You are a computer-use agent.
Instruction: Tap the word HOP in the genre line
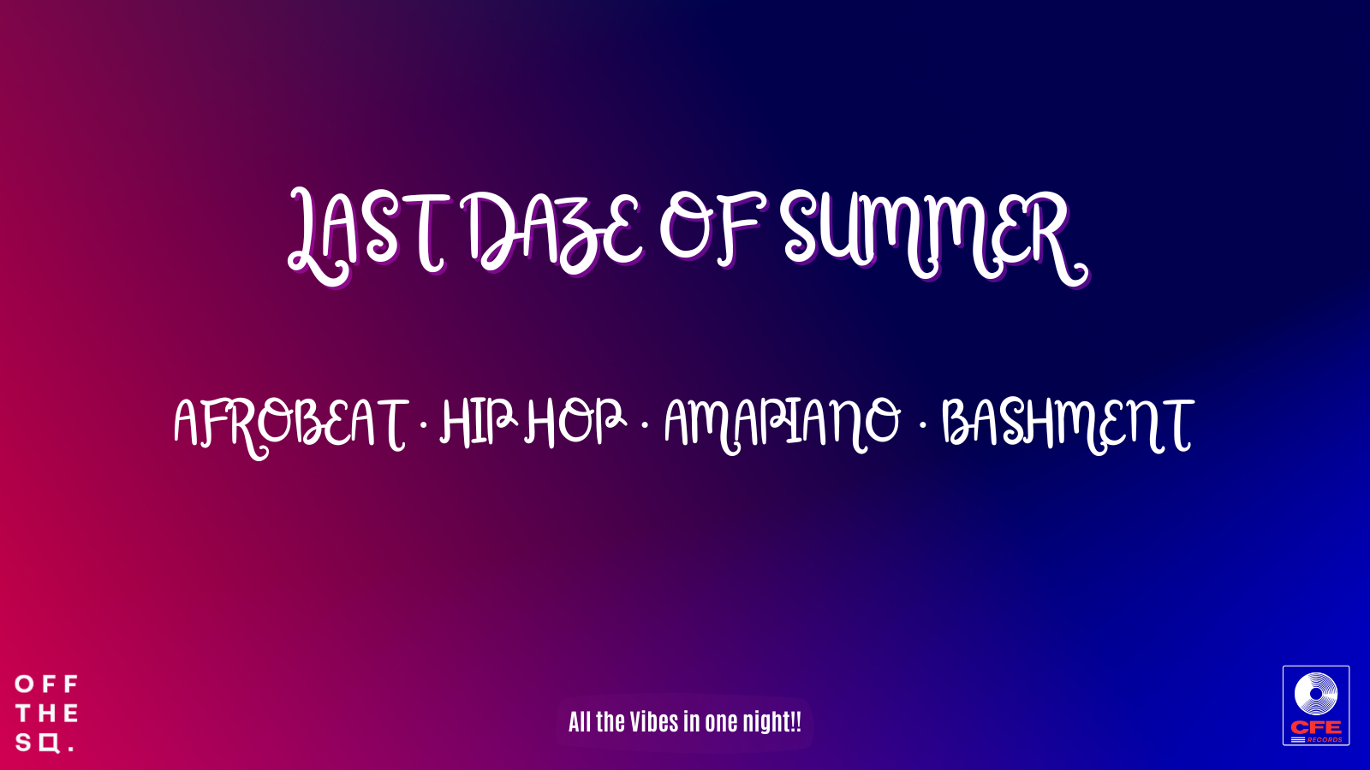coord(574,422)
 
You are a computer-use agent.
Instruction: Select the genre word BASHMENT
coord(1066,423)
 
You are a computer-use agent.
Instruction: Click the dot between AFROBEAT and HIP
coord(423,423)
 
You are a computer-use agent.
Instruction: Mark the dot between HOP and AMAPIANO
coord(644,423)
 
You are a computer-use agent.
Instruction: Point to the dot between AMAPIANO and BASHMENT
coord(922,423)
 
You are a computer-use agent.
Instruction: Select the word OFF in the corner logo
coord(47,684)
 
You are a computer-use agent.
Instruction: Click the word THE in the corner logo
coord(47,714)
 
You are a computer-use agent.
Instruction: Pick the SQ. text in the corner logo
coord(43,743)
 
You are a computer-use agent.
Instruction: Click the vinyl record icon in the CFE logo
coord(1316,694)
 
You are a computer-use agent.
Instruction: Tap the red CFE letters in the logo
coord(1316,727)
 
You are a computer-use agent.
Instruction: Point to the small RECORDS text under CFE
coord(1324,739)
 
